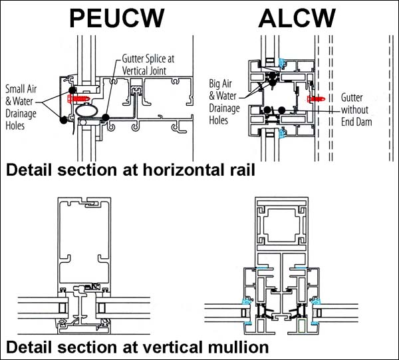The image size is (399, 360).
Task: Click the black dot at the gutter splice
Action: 107,118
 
